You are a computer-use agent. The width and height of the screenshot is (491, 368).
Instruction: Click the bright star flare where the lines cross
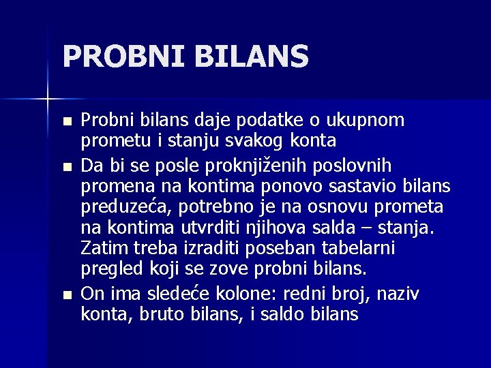[48, 100]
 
